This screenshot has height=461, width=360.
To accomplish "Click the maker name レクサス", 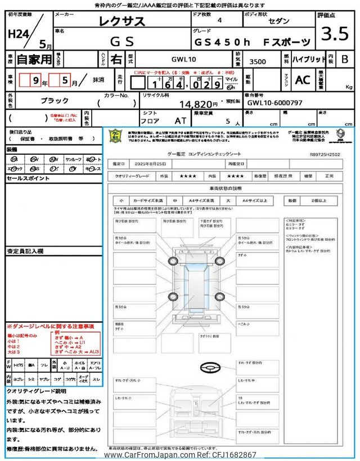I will (122, 22).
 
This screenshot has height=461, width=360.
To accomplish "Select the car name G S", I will (122, 41).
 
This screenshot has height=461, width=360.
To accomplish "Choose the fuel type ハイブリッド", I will (307, 59).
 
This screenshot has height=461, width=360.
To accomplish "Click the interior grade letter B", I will (345, 59).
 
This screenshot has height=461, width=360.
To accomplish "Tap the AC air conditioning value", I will (303, 80).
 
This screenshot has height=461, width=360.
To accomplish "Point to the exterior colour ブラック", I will (55, 100).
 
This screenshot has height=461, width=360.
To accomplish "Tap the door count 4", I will (219, 20).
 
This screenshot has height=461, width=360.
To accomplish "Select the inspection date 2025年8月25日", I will (150, 164).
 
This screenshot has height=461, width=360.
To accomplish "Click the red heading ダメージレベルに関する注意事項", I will (51, 326).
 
